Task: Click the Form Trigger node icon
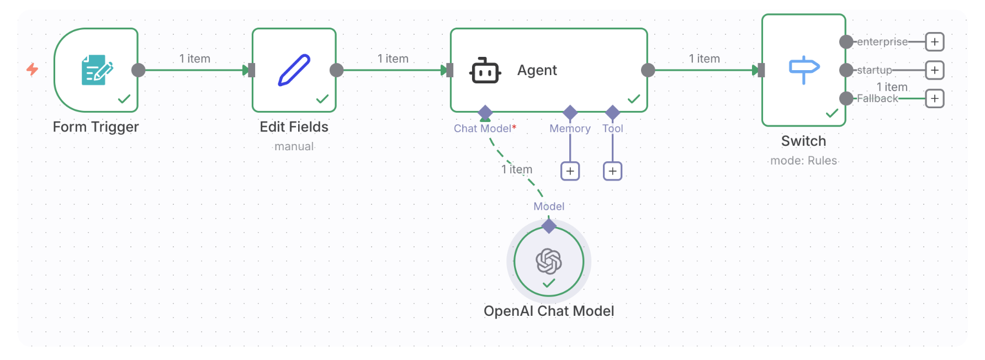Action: pos(97,70)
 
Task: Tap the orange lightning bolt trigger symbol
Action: pos(33,69)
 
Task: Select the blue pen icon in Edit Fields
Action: pos(294,70)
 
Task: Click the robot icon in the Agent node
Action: pos(485,70)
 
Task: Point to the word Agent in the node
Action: pos(537,70)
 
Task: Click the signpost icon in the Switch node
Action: pos(804,70)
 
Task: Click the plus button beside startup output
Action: pos(934,70)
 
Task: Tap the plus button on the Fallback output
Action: pos(934,99)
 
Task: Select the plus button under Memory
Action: pos(570,171)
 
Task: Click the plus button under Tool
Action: pos(612,171)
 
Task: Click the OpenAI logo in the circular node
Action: pos(549,261)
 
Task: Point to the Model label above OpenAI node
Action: pos(549,207)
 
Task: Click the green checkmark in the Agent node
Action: pos(634,99)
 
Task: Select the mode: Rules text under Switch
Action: pos(803,161)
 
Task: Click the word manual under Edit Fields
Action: pos(294,146)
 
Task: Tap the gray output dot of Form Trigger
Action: pos(139,70)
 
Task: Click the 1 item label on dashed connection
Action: pos(517,170)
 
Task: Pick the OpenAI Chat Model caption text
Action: pos(549,311)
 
